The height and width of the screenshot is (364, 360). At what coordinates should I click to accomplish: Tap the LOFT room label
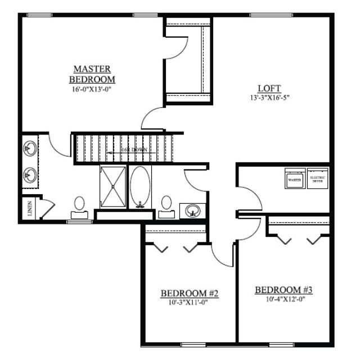tap(269, 88)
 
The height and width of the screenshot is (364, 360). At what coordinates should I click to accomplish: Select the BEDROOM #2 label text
tap(189, 294)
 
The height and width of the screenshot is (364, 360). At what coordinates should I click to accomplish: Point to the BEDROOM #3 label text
tap(283, 290)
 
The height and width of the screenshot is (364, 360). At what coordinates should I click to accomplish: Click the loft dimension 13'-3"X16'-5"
tap(269, 97)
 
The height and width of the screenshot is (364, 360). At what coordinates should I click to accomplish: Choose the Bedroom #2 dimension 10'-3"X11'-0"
tap(189, 303)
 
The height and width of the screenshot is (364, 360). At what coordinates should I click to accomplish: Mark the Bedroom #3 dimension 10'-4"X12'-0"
tap(283, 299)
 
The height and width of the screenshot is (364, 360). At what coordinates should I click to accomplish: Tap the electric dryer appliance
tap(318, 179)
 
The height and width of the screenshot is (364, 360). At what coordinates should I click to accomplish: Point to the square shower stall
tap(113, 186)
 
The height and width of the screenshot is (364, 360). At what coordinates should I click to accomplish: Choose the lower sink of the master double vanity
tap(29, 176)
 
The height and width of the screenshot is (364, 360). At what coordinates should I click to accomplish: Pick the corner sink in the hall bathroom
tap(193, 211)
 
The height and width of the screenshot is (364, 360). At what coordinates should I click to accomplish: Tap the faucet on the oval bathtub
tap(140, 204)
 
